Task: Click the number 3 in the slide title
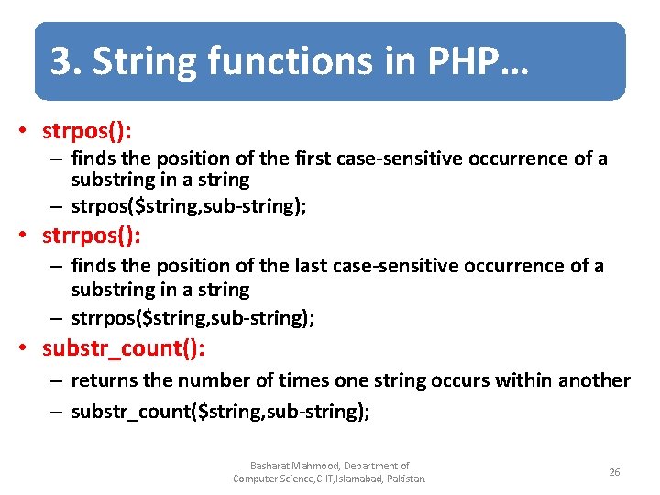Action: [61, 62]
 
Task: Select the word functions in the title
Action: [266, 62]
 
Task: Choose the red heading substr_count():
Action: [123, 348]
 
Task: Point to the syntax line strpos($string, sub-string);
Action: [189, 206]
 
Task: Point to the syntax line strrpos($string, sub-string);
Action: [192, 318]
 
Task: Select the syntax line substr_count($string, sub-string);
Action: [220, 412]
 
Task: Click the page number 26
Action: [614, 472]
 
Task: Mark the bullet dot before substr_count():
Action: [30, 349]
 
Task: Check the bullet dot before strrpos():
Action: [30, 237]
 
